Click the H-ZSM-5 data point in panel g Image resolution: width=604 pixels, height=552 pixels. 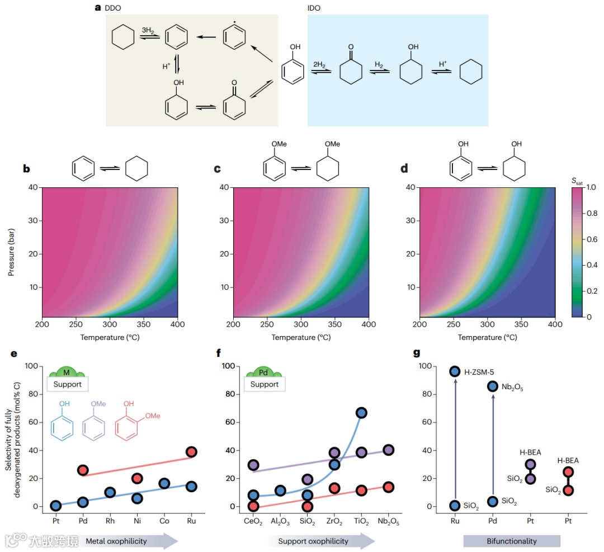pyautogui.click(x=455, y=371)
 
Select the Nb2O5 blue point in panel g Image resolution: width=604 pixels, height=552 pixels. pyautogui.click(x=493, y=386)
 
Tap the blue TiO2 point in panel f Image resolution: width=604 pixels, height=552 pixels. pyautogui.click(x=361, y=413)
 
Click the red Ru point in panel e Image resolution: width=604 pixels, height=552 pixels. pyautogui.click(x=191, y=452)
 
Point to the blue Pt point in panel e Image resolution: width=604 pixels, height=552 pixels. pyautogui.click(x=55, y=506)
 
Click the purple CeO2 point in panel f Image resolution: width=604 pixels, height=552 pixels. pyautogui.click(x=253, y=465)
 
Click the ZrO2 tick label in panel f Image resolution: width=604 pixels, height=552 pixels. pyautogui.click(x=334, y=521)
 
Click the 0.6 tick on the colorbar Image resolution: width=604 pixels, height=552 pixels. pyautogui.click(x=592, y=240)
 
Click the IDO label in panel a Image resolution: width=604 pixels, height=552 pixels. pyautogui.click(x=314, y=8)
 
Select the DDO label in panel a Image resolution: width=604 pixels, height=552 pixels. pyautogui.click(x=113, y=8)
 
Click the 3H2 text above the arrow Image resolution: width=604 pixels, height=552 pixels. pyautogui.click(x=149, y=29)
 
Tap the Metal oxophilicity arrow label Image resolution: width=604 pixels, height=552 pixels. pyautogui.click(x=116, y=541)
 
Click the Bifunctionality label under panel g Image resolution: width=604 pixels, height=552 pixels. pyautogui.click(x=512, y=541)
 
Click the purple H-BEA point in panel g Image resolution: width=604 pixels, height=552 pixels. pyautogui.click(x=530, y=464)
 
